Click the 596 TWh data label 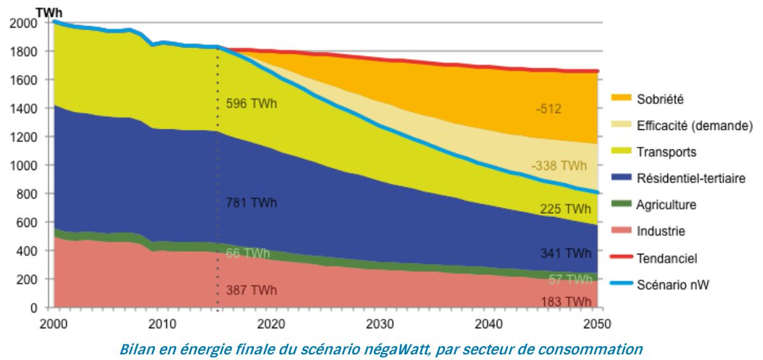(251, 103)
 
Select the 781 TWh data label (251, 204)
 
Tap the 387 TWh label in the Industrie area (251, 291)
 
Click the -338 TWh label (559, 166)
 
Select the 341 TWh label (565, 253)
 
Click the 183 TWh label (565, 301)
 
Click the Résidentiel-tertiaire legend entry (691, 179)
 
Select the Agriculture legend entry (666, 205)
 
